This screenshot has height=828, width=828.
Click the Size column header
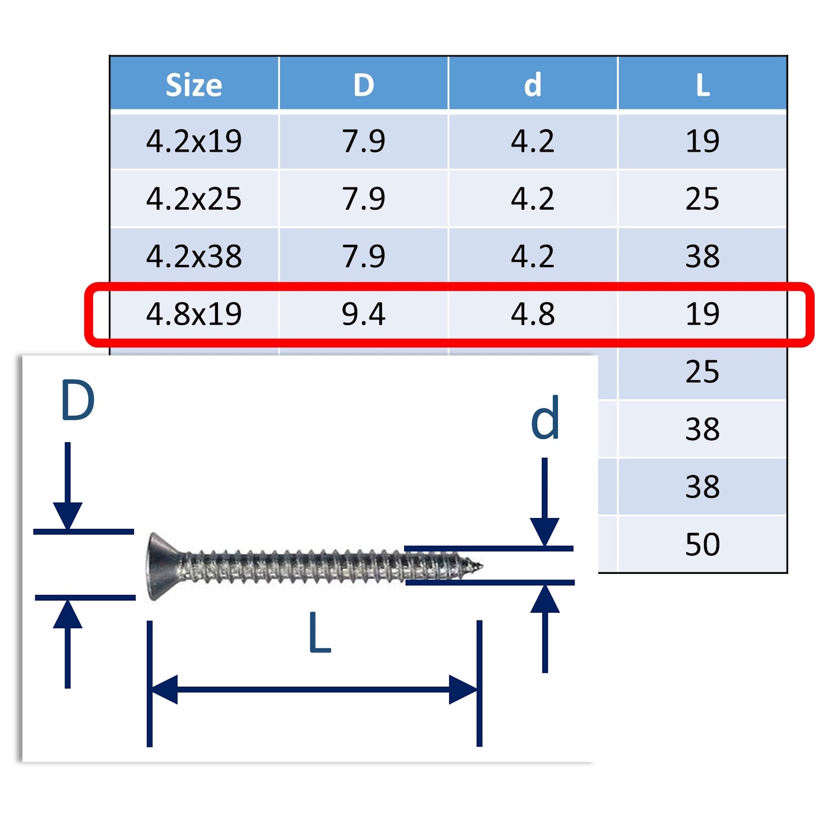[194, 85]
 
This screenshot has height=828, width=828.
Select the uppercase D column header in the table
[364, 85]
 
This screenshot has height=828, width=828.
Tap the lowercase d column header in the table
[533, 85]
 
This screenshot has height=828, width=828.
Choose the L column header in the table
[703, 85]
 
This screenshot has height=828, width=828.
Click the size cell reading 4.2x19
[194, 141]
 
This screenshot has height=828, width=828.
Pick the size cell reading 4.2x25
[194, 199]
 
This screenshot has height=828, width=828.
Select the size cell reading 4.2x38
[194, 256]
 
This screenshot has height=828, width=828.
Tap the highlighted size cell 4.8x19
[194, 314]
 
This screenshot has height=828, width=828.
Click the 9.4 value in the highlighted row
[364, 314]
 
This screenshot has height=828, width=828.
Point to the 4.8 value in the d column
[533, 314]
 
